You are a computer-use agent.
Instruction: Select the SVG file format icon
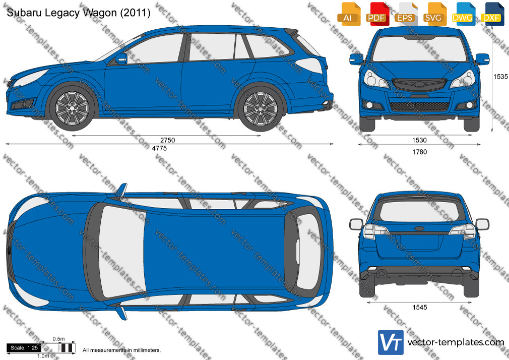tap(434, 14)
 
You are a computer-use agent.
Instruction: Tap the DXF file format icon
tap(492, 14)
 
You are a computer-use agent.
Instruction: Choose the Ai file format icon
tap(349, 14)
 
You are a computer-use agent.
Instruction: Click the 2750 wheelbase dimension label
tap(167, 140)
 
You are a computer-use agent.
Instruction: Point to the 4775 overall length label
tap(159, 148)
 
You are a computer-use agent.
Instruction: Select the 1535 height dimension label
tap(500, 76)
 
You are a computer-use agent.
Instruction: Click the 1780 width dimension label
tap(419, 152)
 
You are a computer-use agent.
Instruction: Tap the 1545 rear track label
tap(419, 307)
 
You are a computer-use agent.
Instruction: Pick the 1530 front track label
tap(419, 140)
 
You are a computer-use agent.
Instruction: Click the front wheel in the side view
tap(72, 108)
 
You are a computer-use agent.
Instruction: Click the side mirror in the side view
tap(121, 58)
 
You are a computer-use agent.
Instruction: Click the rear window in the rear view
tap(419, 212)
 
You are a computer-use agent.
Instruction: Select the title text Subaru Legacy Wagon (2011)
tap(79, 13)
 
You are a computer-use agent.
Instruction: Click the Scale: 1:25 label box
tap(24, 348)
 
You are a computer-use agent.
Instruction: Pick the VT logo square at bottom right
tap(391, 342)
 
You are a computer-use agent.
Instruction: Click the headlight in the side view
tap(30, 77)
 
